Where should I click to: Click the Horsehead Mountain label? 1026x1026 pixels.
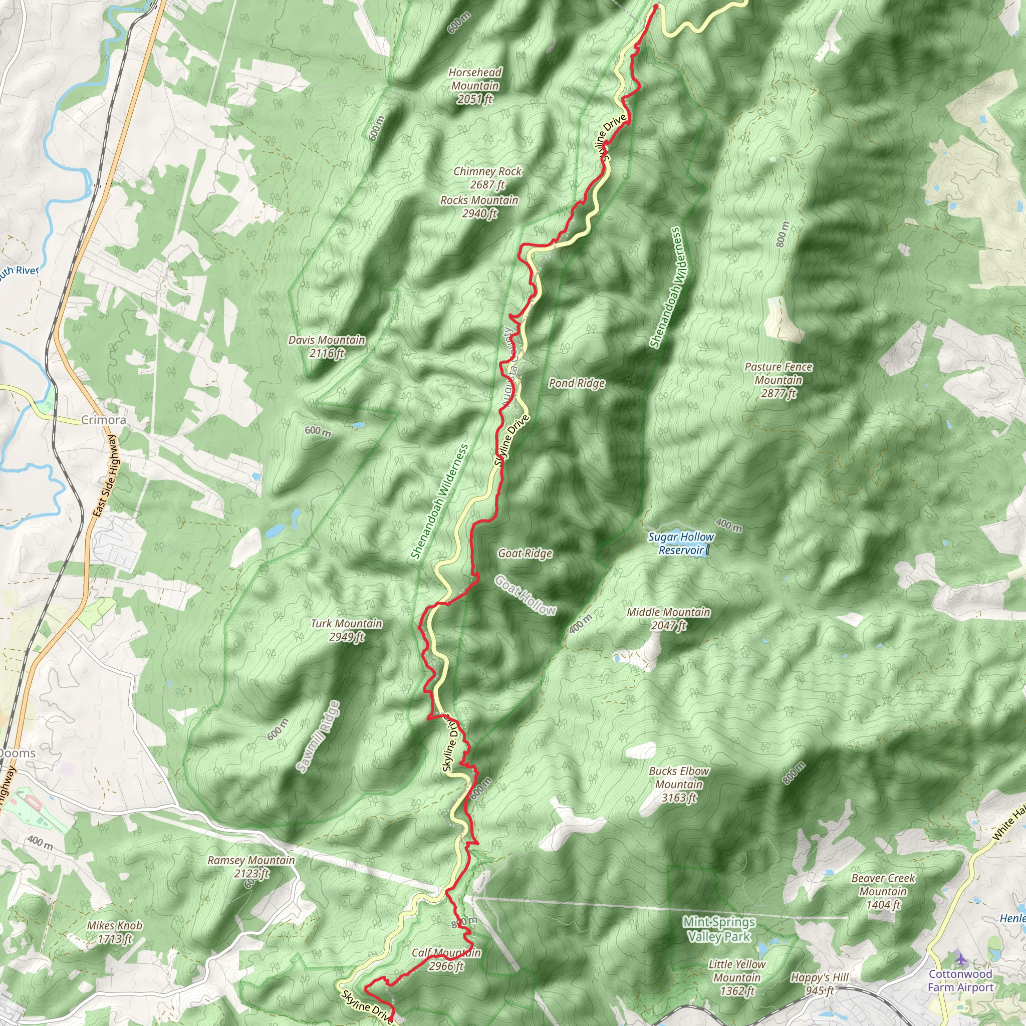coord(475,86)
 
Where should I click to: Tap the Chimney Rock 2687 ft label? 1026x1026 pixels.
coord(487,178)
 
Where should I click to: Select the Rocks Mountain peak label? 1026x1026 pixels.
coord(479,206)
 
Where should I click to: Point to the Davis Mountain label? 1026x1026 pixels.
coord(327,346)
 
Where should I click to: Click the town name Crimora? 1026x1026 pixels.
coord(104,420)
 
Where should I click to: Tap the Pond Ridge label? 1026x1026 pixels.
coord(577,383)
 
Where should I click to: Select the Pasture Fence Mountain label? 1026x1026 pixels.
coord(778,380)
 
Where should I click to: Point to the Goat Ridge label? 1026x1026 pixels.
coord(525,554)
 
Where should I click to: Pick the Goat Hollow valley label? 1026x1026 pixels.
coord(525,595)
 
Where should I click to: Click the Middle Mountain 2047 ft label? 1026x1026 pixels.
coord(668,619)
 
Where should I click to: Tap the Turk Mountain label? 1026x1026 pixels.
coord(346,630)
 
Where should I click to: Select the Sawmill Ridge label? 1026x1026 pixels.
coord(318,736)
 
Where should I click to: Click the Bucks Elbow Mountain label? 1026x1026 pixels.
coord(679,785)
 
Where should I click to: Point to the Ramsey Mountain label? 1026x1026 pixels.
coord(250,867)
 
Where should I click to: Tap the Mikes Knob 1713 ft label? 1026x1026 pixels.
coord(115,932)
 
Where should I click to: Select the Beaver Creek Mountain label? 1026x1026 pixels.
coord(883,892)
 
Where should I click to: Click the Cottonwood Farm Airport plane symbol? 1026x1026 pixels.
coord(961,958)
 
